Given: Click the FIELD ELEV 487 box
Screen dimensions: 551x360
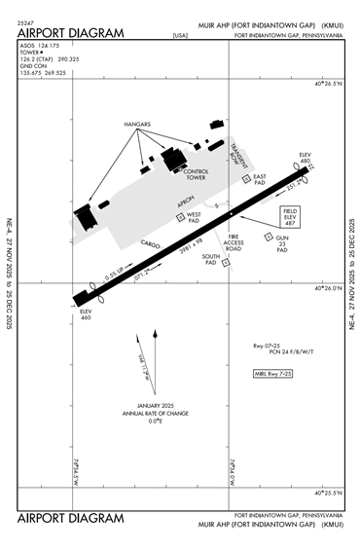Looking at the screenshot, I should [x=290, y=215].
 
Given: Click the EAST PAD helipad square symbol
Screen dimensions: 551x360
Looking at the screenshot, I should [x=245, y=178].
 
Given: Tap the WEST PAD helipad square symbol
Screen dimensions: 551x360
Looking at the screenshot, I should [x=180, y=217].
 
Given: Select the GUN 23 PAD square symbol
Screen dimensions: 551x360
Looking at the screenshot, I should [x=270, y=237].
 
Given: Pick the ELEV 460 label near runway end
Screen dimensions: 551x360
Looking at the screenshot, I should [x=86, y=315].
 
